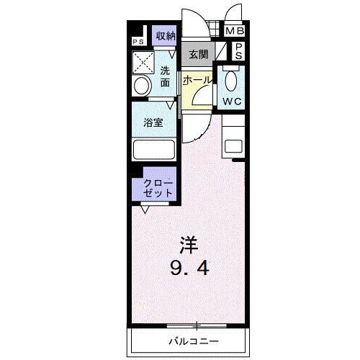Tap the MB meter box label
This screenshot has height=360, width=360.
(235, 32)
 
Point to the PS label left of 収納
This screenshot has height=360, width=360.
(138, 41)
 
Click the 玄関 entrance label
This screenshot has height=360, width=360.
(198, 55)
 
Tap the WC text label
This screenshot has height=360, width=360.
(232, 101)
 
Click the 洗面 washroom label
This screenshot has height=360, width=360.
(165, 76)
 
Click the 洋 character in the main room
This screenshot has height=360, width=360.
(186, 244)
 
